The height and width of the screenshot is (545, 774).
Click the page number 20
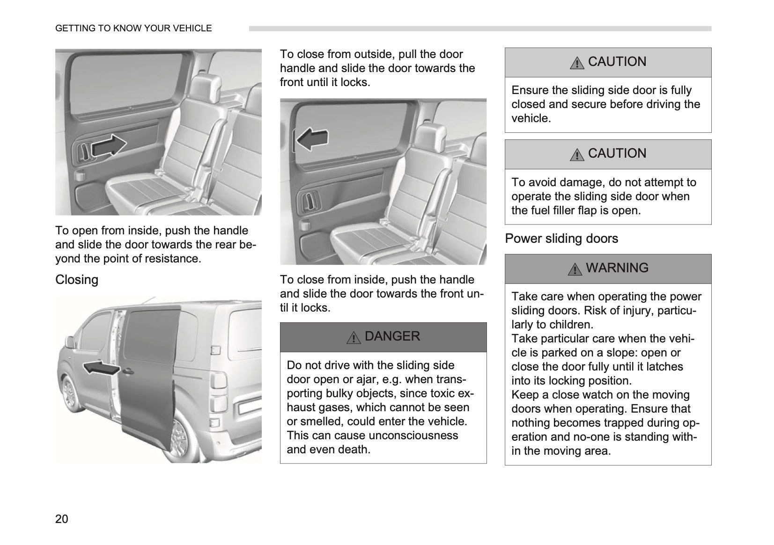(62, 519)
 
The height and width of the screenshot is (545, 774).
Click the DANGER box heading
(392, 336)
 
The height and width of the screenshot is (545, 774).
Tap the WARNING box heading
(617, 268)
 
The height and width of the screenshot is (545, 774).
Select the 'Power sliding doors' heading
(561, 239)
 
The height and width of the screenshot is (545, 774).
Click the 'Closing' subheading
(77, 280)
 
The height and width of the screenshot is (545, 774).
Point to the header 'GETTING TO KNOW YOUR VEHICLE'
(133, 29)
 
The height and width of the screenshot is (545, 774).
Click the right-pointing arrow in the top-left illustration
(109, 145)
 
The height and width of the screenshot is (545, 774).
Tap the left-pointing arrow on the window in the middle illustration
(312, 139)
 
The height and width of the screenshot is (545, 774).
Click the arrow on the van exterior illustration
(101, 368)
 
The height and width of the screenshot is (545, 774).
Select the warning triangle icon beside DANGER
(354, 337)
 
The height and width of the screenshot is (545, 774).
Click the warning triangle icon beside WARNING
(575, 269)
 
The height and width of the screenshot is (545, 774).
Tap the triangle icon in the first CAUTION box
(577, 63)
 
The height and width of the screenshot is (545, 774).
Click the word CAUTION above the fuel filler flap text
(617, 153)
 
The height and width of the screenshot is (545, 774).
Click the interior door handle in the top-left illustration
(83, 152)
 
